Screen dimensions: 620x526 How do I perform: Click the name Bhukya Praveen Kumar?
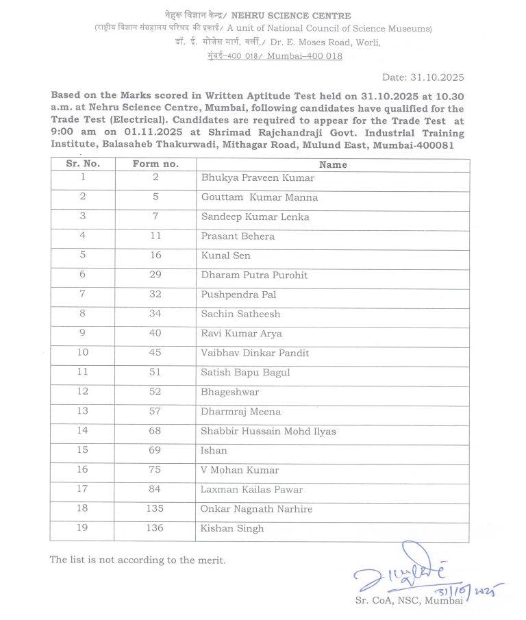(248, 178)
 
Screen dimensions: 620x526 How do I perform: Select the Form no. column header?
(155, 164)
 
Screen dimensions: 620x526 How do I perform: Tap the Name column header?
(333, 164)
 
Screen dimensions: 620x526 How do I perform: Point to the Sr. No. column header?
(83, 164)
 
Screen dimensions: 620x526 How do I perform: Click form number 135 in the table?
(155, 509)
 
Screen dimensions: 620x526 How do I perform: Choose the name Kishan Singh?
(232, 529)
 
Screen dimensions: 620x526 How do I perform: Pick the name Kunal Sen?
(225, 256)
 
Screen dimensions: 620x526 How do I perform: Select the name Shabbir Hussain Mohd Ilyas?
(268, 432)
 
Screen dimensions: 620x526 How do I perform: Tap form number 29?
(155, 275)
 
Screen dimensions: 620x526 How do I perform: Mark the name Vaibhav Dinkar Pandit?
(255, 354)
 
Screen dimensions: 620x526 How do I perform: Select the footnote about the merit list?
(137, 560)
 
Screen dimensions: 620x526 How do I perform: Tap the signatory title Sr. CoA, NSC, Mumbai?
(409, 601)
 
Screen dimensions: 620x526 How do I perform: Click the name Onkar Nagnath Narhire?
(256, 509)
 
